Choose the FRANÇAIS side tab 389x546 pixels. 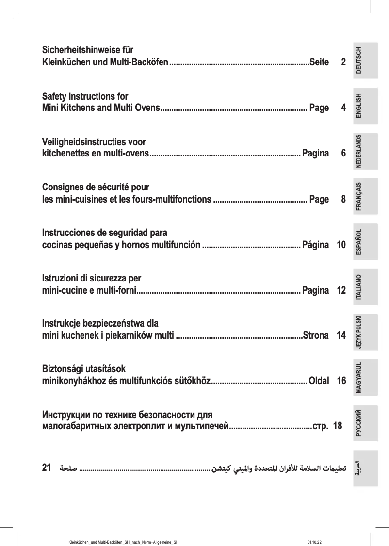click(x=365, y=196)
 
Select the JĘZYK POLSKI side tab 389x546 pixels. click(x=365, y=331)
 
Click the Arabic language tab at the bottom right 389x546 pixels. click(x=365, y=467)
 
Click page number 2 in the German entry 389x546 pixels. click(x=343, y=62)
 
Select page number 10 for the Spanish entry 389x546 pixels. click(x=340, y=245)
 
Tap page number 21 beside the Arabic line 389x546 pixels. click(x=47, y=468)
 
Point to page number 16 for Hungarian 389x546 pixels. click(x=340, y=381)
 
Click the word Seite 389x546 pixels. click(x=319, y=62)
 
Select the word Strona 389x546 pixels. click(x=316, y=335)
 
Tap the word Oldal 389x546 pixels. click(x=319, y=381)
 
